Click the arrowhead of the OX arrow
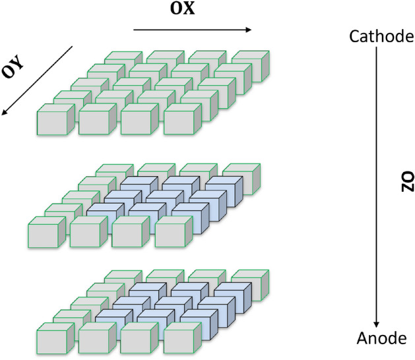pyautogui.click(x=248, y=29)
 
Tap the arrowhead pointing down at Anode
pyautogui.click(x=376, y=323)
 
